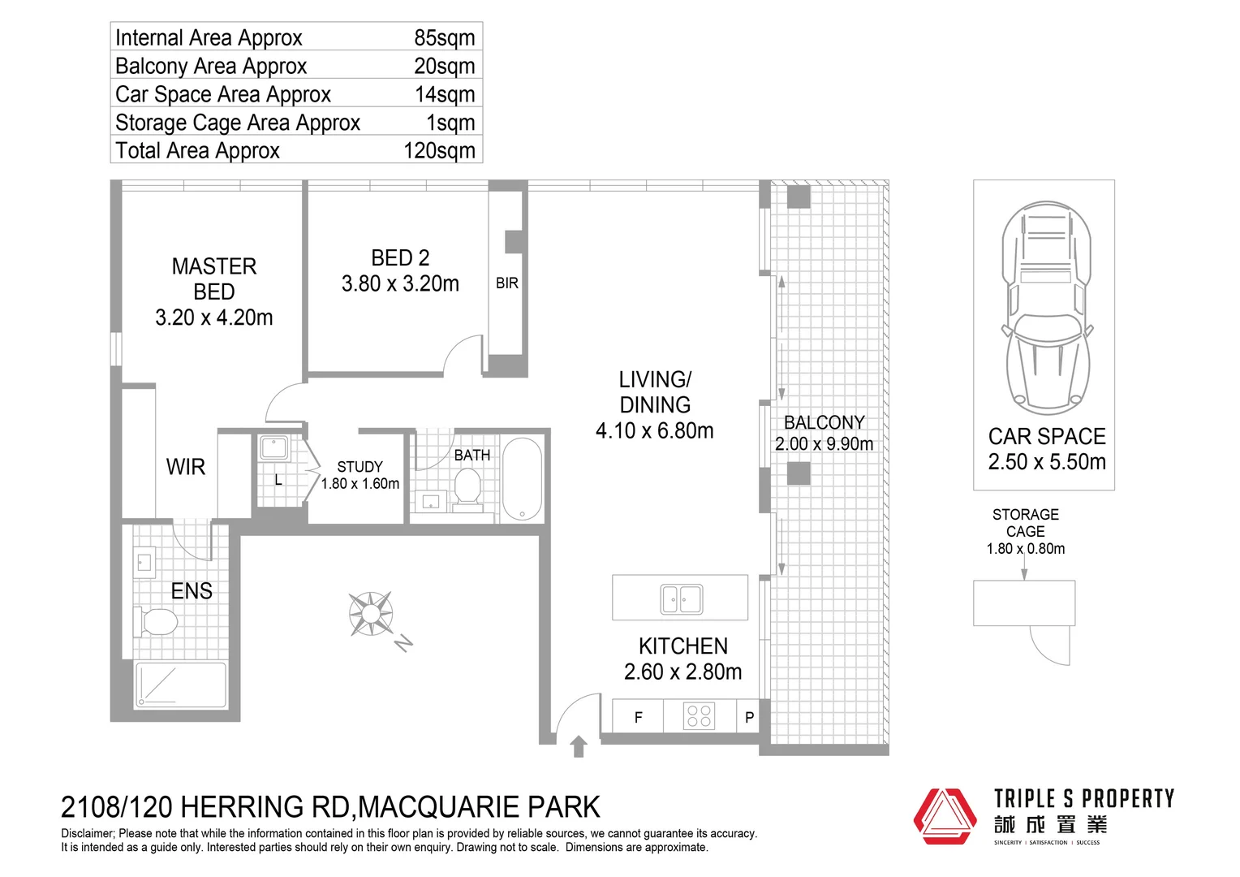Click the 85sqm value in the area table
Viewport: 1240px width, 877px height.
(444, 38)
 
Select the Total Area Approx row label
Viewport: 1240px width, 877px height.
(197, 151)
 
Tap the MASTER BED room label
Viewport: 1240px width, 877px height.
(214, 279)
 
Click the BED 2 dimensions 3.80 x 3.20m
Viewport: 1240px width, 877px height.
(400, 284)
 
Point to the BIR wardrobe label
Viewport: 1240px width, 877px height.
(506, 283)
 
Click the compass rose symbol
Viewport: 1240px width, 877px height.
(371, 614)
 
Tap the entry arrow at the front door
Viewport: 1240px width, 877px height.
(579, 746)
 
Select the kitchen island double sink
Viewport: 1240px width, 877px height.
(682, 599)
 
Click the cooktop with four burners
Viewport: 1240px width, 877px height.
(699, 715)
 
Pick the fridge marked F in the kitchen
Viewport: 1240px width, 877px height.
(638, 717)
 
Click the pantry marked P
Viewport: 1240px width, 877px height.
(749, 717)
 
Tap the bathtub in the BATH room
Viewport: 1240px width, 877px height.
(522, 479)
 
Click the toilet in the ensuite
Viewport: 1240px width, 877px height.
(156, 623)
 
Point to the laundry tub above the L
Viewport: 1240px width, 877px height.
(273, 449)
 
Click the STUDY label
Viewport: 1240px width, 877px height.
(360, 467)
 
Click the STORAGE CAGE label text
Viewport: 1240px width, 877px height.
(1025, 523)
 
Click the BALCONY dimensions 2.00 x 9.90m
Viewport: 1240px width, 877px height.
(824, 444)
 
